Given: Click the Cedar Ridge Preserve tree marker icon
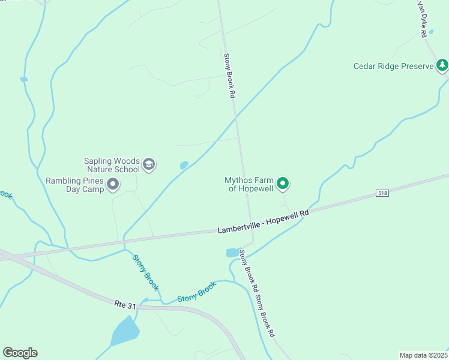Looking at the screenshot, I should click(442, 65).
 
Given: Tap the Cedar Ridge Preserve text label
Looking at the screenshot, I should click(393, 66).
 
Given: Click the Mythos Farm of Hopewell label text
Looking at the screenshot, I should click(249, 184).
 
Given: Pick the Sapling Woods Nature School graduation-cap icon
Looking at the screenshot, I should click(149, 164).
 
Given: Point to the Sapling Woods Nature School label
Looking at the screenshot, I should click(112, 165).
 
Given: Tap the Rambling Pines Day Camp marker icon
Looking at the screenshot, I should click(112, 185).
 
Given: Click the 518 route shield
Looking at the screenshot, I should click(382, 193).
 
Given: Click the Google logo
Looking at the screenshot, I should click(20, 353).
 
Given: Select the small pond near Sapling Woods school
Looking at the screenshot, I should click(184, 165).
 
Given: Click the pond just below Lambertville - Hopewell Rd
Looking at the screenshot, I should click(232, 253).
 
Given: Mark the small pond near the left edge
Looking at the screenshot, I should click(23, 79).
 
